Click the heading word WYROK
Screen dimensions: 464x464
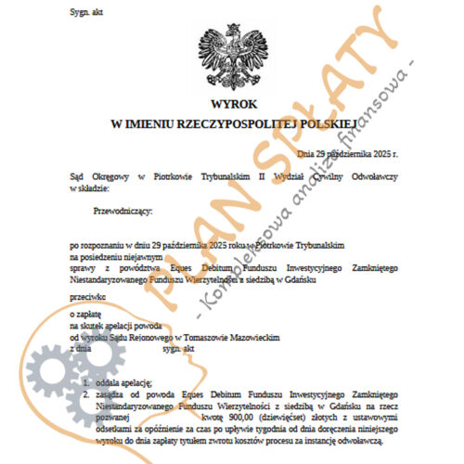click(231, 104)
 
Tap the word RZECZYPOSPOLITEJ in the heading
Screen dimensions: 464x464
click(232, 122)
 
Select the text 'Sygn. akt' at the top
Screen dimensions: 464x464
click(87, 12)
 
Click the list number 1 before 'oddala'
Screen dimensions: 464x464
click(85, 382)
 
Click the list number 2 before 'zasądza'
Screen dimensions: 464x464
click(85, 393)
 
